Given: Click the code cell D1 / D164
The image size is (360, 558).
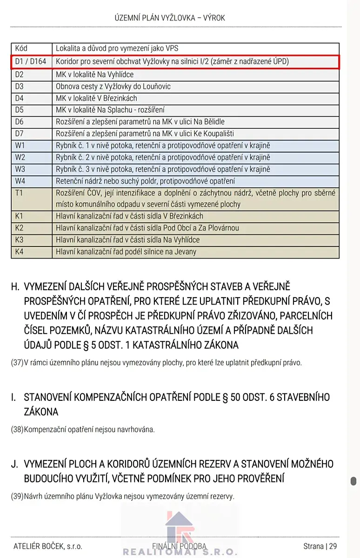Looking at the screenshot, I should tap(31, 61).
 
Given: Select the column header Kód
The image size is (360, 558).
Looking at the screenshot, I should tap(21, 48).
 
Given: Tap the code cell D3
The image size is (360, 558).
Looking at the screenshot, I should tap(20, 86).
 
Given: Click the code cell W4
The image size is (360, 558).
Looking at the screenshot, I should tap(20, 181).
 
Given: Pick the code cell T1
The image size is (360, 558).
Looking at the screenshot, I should tap(19, 193).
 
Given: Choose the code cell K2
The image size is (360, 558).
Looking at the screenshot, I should tap(20, 228).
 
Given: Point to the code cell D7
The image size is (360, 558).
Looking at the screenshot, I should tap(20, 133).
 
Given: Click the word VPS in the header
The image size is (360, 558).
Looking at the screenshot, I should tap(171, 48).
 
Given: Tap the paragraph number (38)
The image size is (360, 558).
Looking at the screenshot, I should tap(17, 430).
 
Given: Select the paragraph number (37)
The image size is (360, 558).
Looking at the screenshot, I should tap(17, 363).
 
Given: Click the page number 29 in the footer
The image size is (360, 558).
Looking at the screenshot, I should tap(333, 546).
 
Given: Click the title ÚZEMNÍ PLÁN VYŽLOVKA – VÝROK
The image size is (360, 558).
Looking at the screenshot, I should tap(170, 18).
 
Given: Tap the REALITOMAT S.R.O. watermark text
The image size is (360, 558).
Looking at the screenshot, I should tap(180, 553).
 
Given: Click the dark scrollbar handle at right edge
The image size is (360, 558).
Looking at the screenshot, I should tap(353, 481).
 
